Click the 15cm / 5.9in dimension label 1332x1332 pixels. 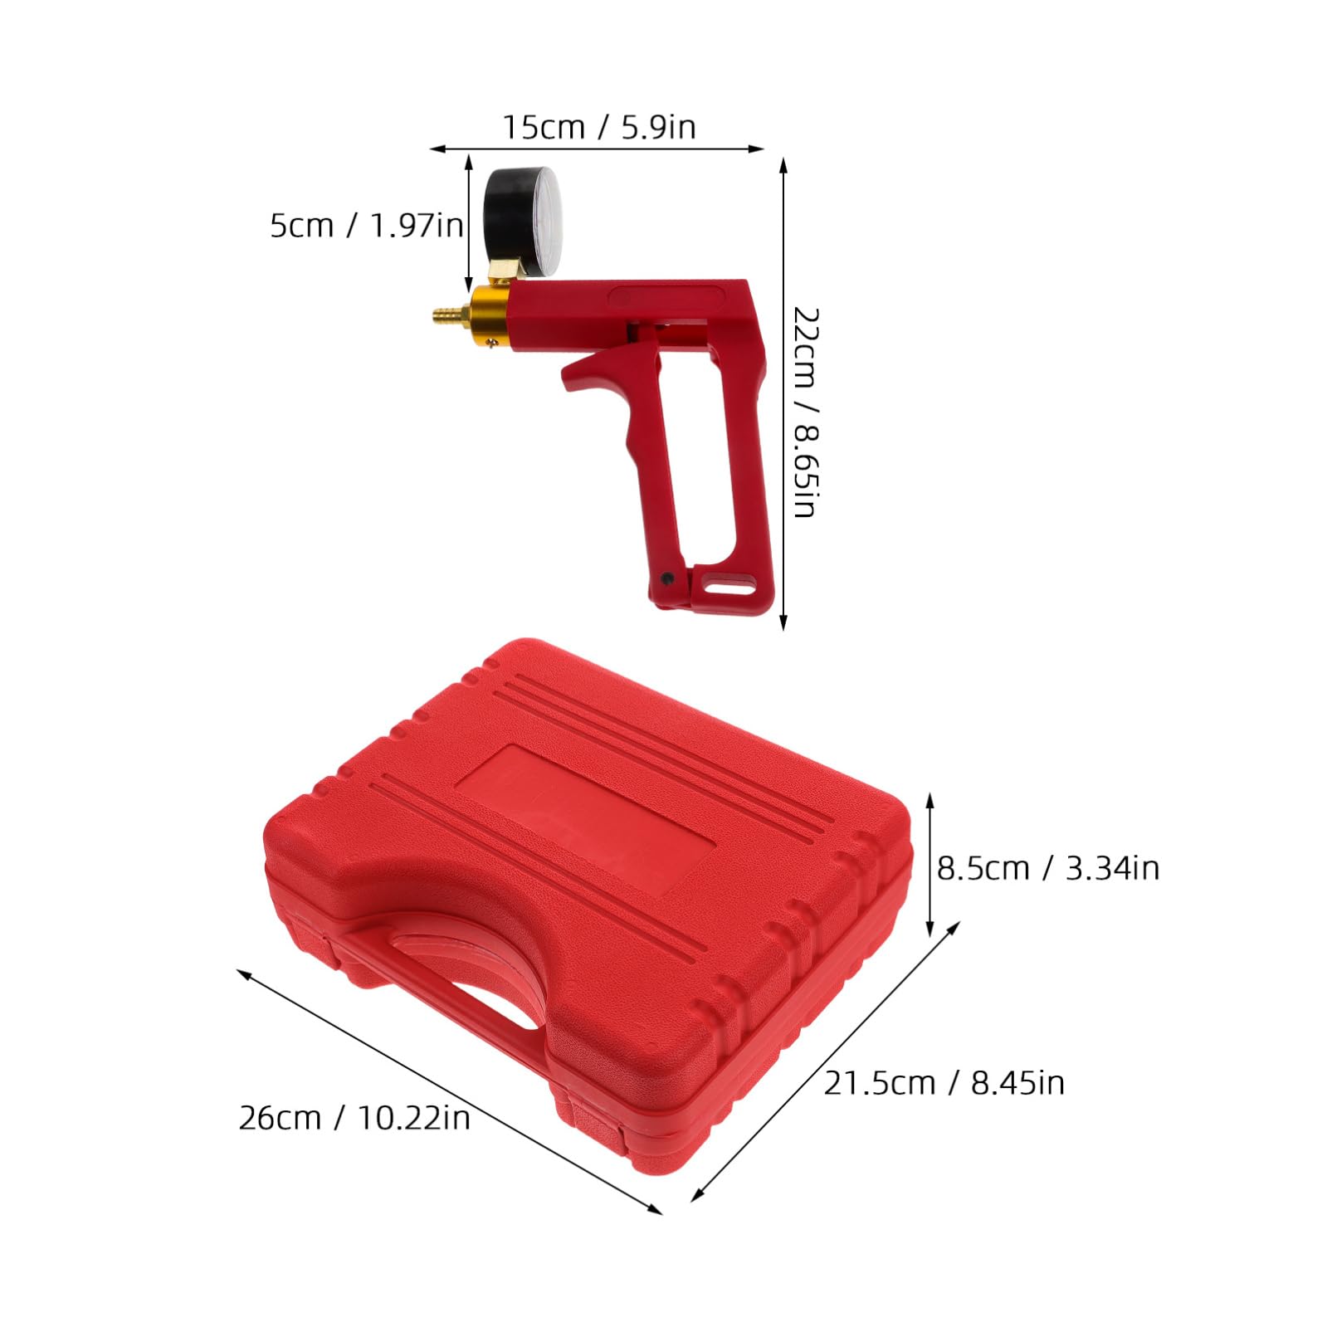[598, 127]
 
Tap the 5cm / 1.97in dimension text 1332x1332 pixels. [366, 226]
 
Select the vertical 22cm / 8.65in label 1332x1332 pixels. [805, 412]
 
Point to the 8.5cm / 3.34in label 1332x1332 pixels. [1048, 868]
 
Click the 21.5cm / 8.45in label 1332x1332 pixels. [944, 1083]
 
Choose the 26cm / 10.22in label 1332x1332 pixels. [354, 1118]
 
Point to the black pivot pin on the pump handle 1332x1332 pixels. [666, 577]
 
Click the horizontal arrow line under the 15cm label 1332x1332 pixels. [597, 149]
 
